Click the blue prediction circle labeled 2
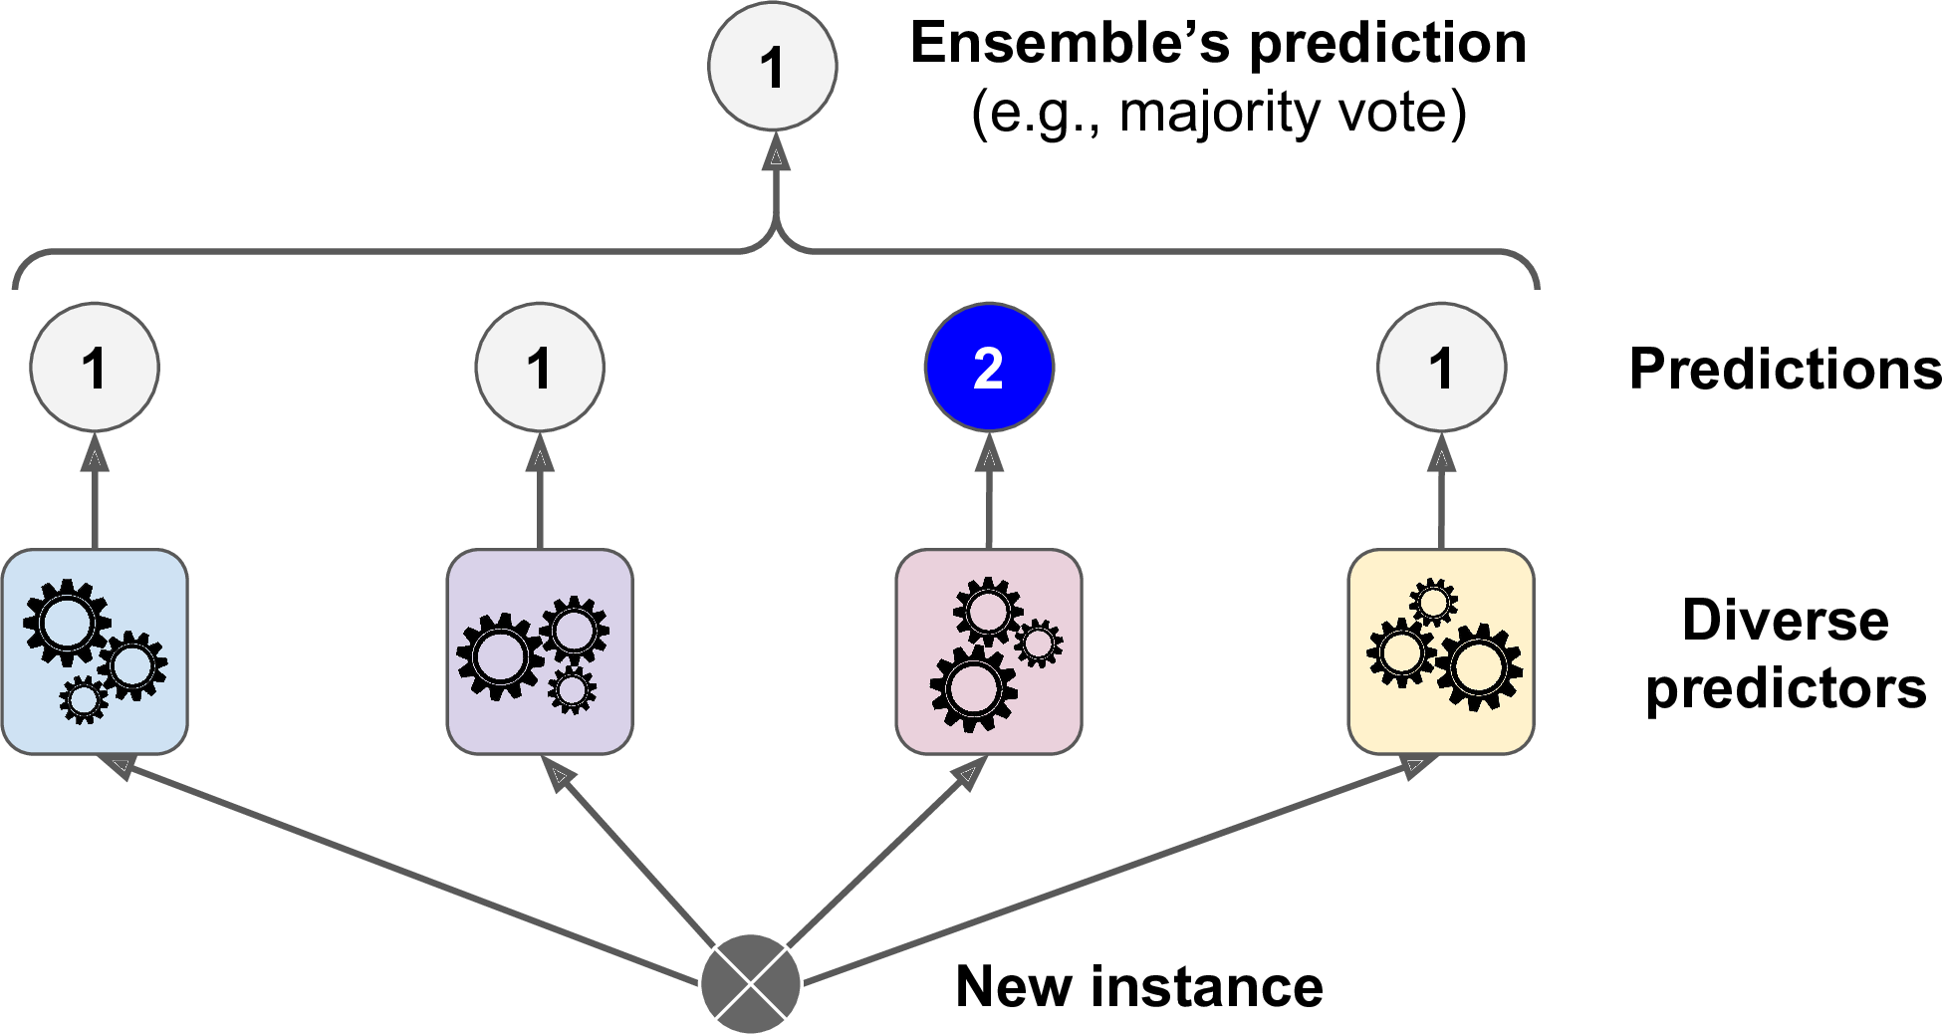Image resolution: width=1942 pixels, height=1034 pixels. click(x=989, y=368)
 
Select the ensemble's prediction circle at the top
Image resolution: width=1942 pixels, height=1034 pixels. click(x=772, y=67)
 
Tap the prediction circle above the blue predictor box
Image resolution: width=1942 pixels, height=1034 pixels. click(x=95, y=368)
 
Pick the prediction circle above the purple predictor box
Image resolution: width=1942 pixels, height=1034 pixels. click(x=540, y=368)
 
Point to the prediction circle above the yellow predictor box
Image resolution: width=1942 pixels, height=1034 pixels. click(x=1441, y=368)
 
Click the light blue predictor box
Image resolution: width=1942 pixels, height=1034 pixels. click(x=95, y=651)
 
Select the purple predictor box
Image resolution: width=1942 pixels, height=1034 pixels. click(x=540, y=651)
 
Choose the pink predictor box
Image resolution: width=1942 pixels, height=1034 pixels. click(x=989, y=651)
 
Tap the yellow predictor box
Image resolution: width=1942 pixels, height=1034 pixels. click(x=1441, y=651)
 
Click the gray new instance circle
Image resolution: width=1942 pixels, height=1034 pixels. click(x=751, y=984)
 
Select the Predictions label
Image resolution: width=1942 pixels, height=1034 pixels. click(x=1785, y=370)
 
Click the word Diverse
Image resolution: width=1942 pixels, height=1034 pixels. click(x=1785, y=620)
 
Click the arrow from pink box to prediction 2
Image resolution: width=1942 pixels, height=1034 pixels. click(x=989, y=493)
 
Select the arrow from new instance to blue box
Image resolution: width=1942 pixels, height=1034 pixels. click(x=398, y=868)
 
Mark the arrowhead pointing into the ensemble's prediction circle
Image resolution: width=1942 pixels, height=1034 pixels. click(x=775, y=153)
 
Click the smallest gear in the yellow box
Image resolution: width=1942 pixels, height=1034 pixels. click(x=1433, y=602)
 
